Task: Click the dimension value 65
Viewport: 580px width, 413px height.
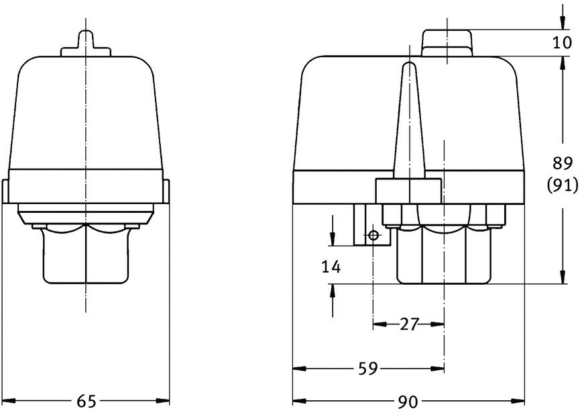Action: (x=86, y=401)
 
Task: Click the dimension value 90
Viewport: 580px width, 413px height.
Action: (x=408, y=401)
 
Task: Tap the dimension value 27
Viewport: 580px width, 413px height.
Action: (x=409, y=324)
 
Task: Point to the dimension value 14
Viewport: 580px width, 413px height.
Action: (x=331, y=267)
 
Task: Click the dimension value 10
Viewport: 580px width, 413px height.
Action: (x=563, y=43)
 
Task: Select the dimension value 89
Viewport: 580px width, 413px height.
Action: (x=563, y=163)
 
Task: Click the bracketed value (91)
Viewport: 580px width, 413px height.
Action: (x=563, y=185)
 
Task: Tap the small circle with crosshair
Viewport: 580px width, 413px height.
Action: (x=373, y=235)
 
